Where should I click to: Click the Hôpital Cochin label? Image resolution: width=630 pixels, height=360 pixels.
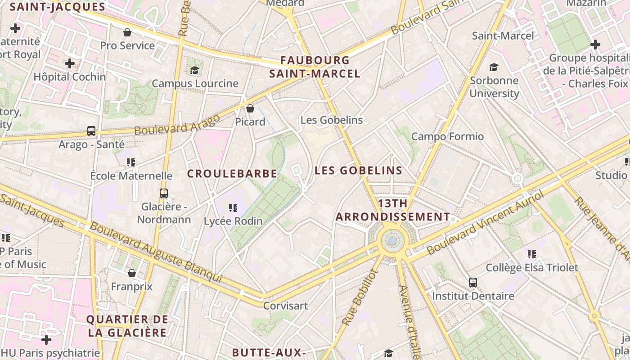(70, 77)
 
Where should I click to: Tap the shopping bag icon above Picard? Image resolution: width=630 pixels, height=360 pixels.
(250, 108)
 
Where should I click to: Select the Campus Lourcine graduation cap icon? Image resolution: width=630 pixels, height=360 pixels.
(194, 70)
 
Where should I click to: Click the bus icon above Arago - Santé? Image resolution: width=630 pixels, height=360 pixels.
(91, 131)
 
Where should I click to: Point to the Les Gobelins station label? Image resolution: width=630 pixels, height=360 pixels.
(331, 120)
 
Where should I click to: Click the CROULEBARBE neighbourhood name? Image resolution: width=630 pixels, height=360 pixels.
(232, 174)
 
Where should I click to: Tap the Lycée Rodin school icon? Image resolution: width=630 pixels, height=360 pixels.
(233, 207)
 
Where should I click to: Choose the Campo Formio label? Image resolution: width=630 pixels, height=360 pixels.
(447, 136)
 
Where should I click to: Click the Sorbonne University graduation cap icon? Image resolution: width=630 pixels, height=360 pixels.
(494, 67)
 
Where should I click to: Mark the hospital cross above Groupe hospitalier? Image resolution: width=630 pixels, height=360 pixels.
(595, 45)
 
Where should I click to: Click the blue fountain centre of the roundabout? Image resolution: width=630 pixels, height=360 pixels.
(393, 241)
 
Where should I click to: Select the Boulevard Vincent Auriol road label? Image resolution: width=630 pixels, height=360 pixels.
(486, 222)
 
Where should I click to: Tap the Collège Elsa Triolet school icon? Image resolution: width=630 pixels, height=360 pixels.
(532, 254)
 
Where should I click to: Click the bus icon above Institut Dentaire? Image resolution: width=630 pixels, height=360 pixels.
(473, 283)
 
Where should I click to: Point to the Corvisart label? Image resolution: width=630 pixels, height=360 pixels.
(286, 306)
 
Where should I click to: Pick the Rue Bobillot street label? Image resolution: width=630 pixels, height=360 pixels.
(358, 297)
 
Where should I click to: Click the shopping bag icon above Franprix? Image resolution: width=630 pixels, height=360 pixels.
(132, 273)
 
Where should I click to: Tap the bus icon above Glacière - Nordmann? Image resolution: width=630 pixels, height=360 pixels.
(164, 193)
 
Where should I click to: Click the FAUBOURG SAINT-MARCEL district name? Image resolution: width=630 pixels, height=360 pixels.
(315, 67)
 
